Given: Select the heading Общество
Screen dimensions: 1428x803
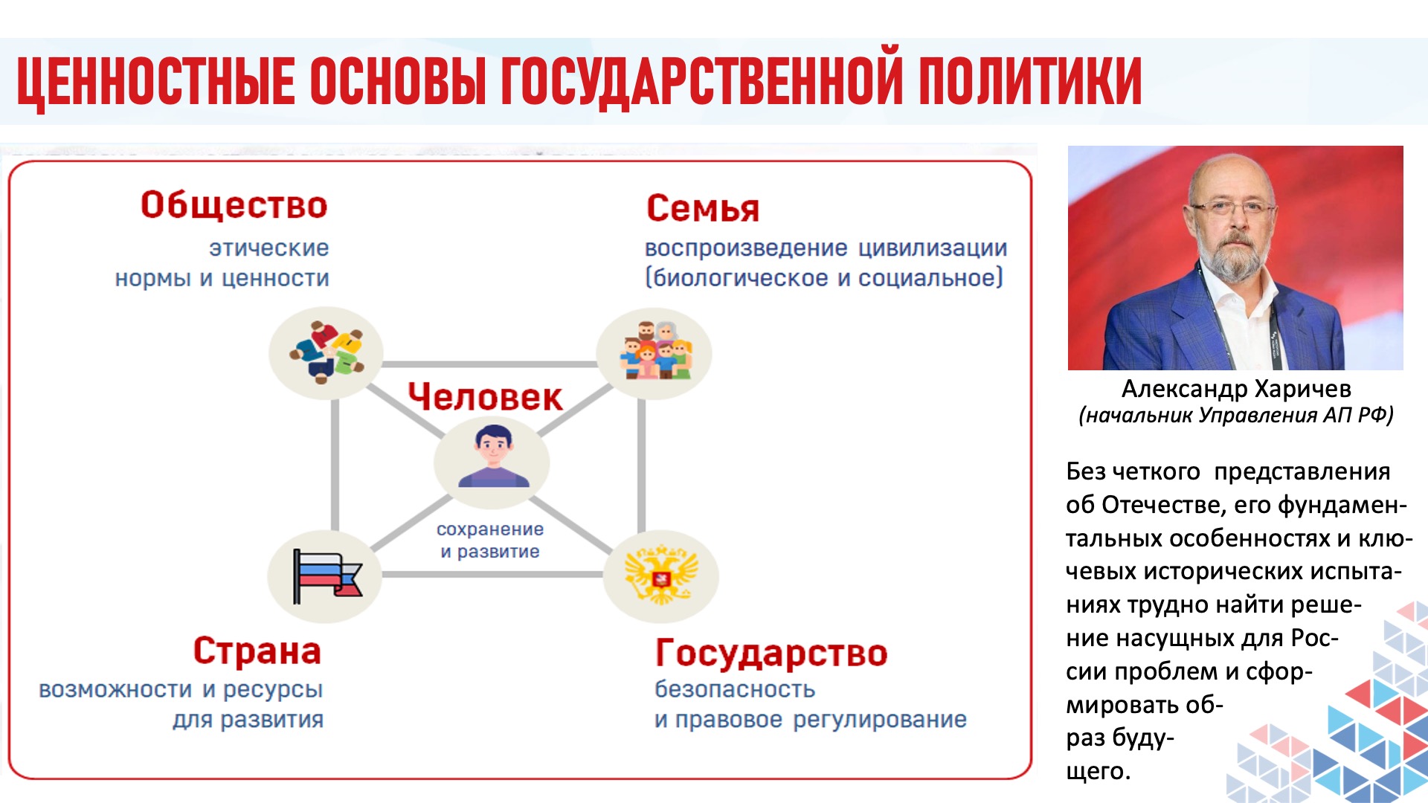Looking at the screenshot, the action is [234, 204].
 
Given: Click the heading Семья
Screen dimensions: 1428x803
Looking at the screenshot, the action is [703, 208].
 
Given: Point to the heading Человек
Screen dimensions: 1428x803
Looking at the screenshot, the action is [485, 396].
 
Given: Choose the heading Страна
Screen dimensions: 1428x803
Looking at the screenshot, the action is [257, 651].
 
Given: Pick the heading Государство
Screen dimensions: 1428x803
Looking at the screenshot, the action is [771, 654].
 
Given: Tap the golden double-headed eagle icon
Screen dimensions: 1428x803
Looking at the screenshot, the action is [661, 575].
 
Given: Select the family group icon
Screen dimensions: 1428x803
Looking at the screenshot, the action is [655, 350].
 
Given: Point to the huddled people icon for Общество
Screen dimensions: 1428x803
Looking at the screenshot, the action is [327, 352].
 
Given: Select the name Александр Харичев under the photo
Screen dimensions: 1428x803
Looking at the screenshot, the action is [1236, 388].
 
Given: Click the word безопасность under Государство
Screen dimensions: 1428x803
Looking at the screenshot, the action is [735, 689].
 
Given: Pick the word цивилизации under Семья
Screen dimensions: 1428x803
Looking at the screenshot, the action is [933, 248].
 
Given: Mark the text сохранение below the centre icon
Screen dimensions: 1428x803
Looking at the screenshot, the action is [490, 529].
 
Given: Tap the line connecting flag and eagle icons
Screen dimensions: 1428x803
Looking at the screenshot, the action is [492, 574].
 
